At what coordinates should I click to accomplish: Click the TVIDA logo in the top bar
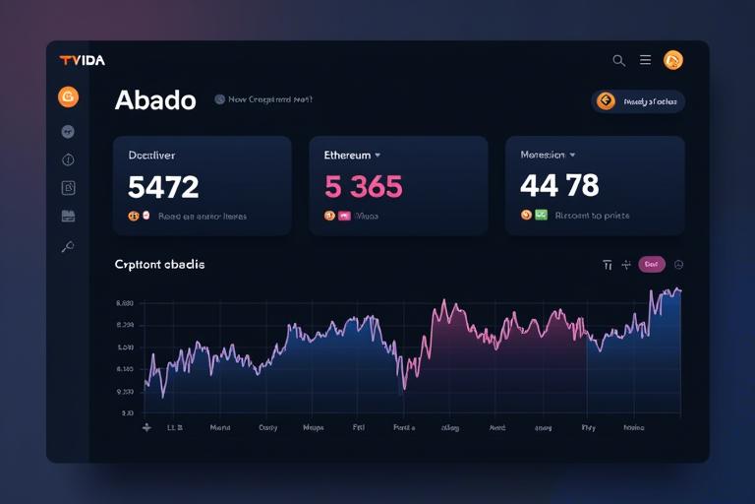tap(82, 60)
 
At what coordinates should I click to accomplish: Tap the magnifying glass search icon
tap(618, 60)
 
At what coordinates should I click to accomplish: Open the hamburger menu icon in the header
tap(645, 60)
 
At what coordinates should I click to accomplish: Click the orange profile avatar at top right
tap(673, 60)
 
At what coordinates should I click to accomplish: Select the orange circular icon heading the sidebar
tap(68, 96)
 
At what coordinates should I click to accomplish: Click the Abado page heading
tap(155, 100)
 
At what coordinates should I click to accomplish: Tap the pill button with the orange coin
tap(638, 101)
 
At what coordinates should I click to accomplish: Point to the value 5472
tap(163, 186)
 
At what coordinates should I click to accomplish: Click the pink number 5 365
tap(363, 186)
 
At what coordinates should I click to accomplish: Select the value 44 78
tap(559, 185)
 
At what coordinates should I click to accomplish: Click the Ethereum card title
tap(347, 156)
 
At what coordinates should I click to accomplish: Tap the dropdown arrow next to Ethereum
tap(377, 156)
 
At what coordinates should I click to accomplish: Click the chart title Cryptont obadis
tap(159, 265)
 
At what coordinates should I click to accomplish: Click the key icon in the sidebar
tap(68, 247)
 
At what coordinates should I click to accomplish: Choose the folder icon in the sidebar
tap(68, 217)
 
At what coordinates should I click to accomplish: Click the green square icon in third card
tap(541, 215)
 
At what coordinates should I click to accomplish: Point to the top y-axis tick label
tap(125, 304)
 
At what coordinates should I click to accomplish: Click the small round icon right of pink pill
tap(678, 264)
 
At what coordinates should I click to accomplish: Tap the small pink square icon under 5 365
tap(344, 216)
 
